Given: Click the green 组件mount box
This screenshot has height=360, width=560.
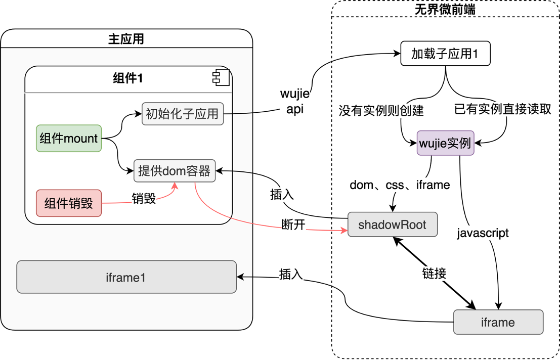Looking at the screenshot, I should pyautogui.click(x=69, y=138).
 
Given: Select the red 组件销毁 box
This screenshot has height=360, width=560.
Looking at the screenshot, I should pyautogui.click(x=69, y=203).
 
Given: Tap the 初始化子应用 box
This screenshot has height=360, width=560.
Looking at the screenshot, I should pyautogui.click(x=182, y=114).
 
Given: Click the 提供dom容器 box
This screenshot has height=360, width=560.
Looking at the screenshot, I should pyautogui.click(x=175, y=171).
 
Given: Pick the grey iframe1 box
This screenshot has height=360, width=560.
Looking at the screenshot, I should pyautogui.click(x=126, y=277).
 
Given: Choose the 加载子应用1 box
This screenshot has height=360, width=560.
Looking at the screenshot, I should pyautogui.click(x=445, y=54).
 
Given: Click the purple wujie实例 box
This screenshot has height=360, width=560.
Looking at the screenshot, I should pyautogui.click(x=445, y=143).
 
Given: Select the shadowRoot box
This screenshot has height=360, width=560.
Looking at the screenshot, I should pyautogui.click(x=392, y=225).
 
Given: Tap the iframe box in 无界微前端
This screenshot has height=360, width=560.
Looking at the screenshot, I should pyautogui.click(x=498, y=322).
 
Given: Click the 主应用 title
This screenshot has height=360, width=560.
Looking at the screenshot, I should pyautogui.click(x=126, y=39).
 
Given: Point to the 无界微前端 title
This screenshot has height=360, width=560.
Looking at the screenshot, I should pyautogui.click(x=445, y=9).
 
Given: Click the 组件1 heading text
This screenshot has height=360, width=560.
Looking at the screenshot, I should pyautogui.click(x=127, y=78).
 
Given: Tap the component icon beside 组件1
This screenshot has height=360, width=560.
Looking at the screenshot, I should pyautogui.click(x=221, y=77).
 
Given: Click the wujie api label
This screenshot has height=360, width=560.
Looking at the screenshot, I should pyautogui.click(x=295, y=102).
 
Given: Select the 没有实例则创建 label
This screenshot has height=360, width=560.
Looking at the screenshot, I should pyautogui.click(x=381, y=110).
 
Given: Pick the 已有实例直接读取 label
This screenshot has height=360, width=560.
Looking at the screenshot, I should pyautogui.click(x=502, y=109).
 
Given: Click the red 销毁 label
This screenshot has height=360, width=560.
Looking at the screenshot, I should pyautogui.click(x=144, y=198).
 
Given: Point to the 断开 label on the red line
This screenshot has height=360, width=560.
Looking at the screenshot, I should pyautogui.click(x=293, y=224).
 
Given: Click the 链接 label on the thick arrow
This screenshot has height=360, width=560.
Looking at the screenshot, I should pyautogui.click(x=434, y=274).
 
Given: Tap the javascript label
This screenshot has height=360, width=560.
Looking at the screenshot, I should pyautogui.click(x=483, y=234).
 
